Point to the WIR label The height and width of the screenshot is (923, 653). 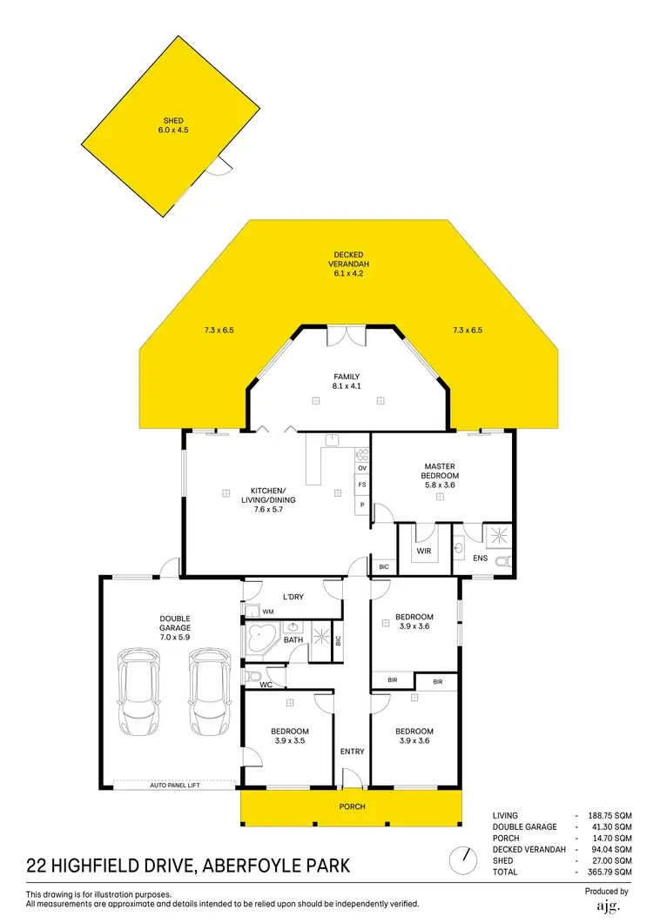tap(424, 551)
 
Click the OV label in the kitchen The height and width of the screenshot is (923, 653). tap(361, 468)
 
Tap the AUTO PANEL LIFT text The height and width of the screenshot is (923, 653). tap(174, 785)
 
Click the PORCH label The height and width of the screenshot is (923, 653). tap(353, 806)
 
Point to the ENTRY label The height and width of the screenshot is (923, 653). tap(353, 752)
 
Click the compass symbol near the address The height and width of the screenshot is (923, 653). tap(461, 861)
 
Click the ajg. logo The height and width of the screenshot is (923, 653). tap(608, 906)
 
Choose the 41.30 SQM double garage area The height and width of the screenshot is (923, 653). tap(610, 827)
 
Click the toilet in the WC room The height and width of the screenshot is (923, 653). tap(252, 676)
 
